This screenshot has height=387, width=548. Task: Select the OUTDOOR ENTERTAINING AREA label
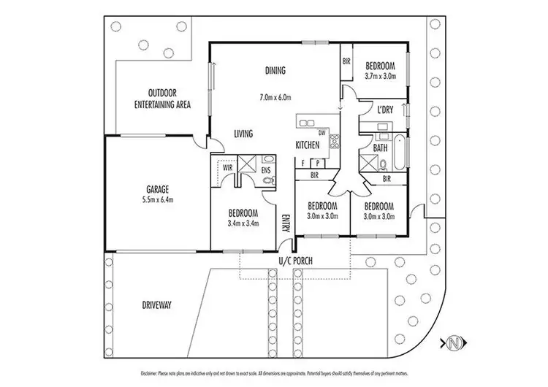point(161,99)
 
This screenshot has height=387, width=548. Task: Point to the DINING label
point(275,71)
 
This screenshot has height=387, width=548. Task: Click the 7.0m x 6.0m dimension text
point(275,96)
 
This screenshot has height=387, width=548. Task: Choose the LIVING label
point(243,134)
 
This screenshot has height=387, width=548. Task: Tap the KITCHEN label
point(308,145)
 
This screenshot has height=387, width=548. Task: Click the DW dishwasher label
point(321,132)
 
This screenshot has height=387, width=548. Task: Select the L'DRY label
point(386,110)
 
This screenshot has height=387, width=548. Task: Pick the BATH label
point(380,147)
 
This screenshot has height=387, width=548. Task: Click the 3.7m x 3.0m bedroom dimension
point(380,75)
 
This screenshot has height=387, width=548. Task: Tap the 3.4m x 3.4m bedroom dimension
point(243,223)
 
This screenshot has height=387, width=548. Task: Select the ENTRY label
point(286,223)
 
